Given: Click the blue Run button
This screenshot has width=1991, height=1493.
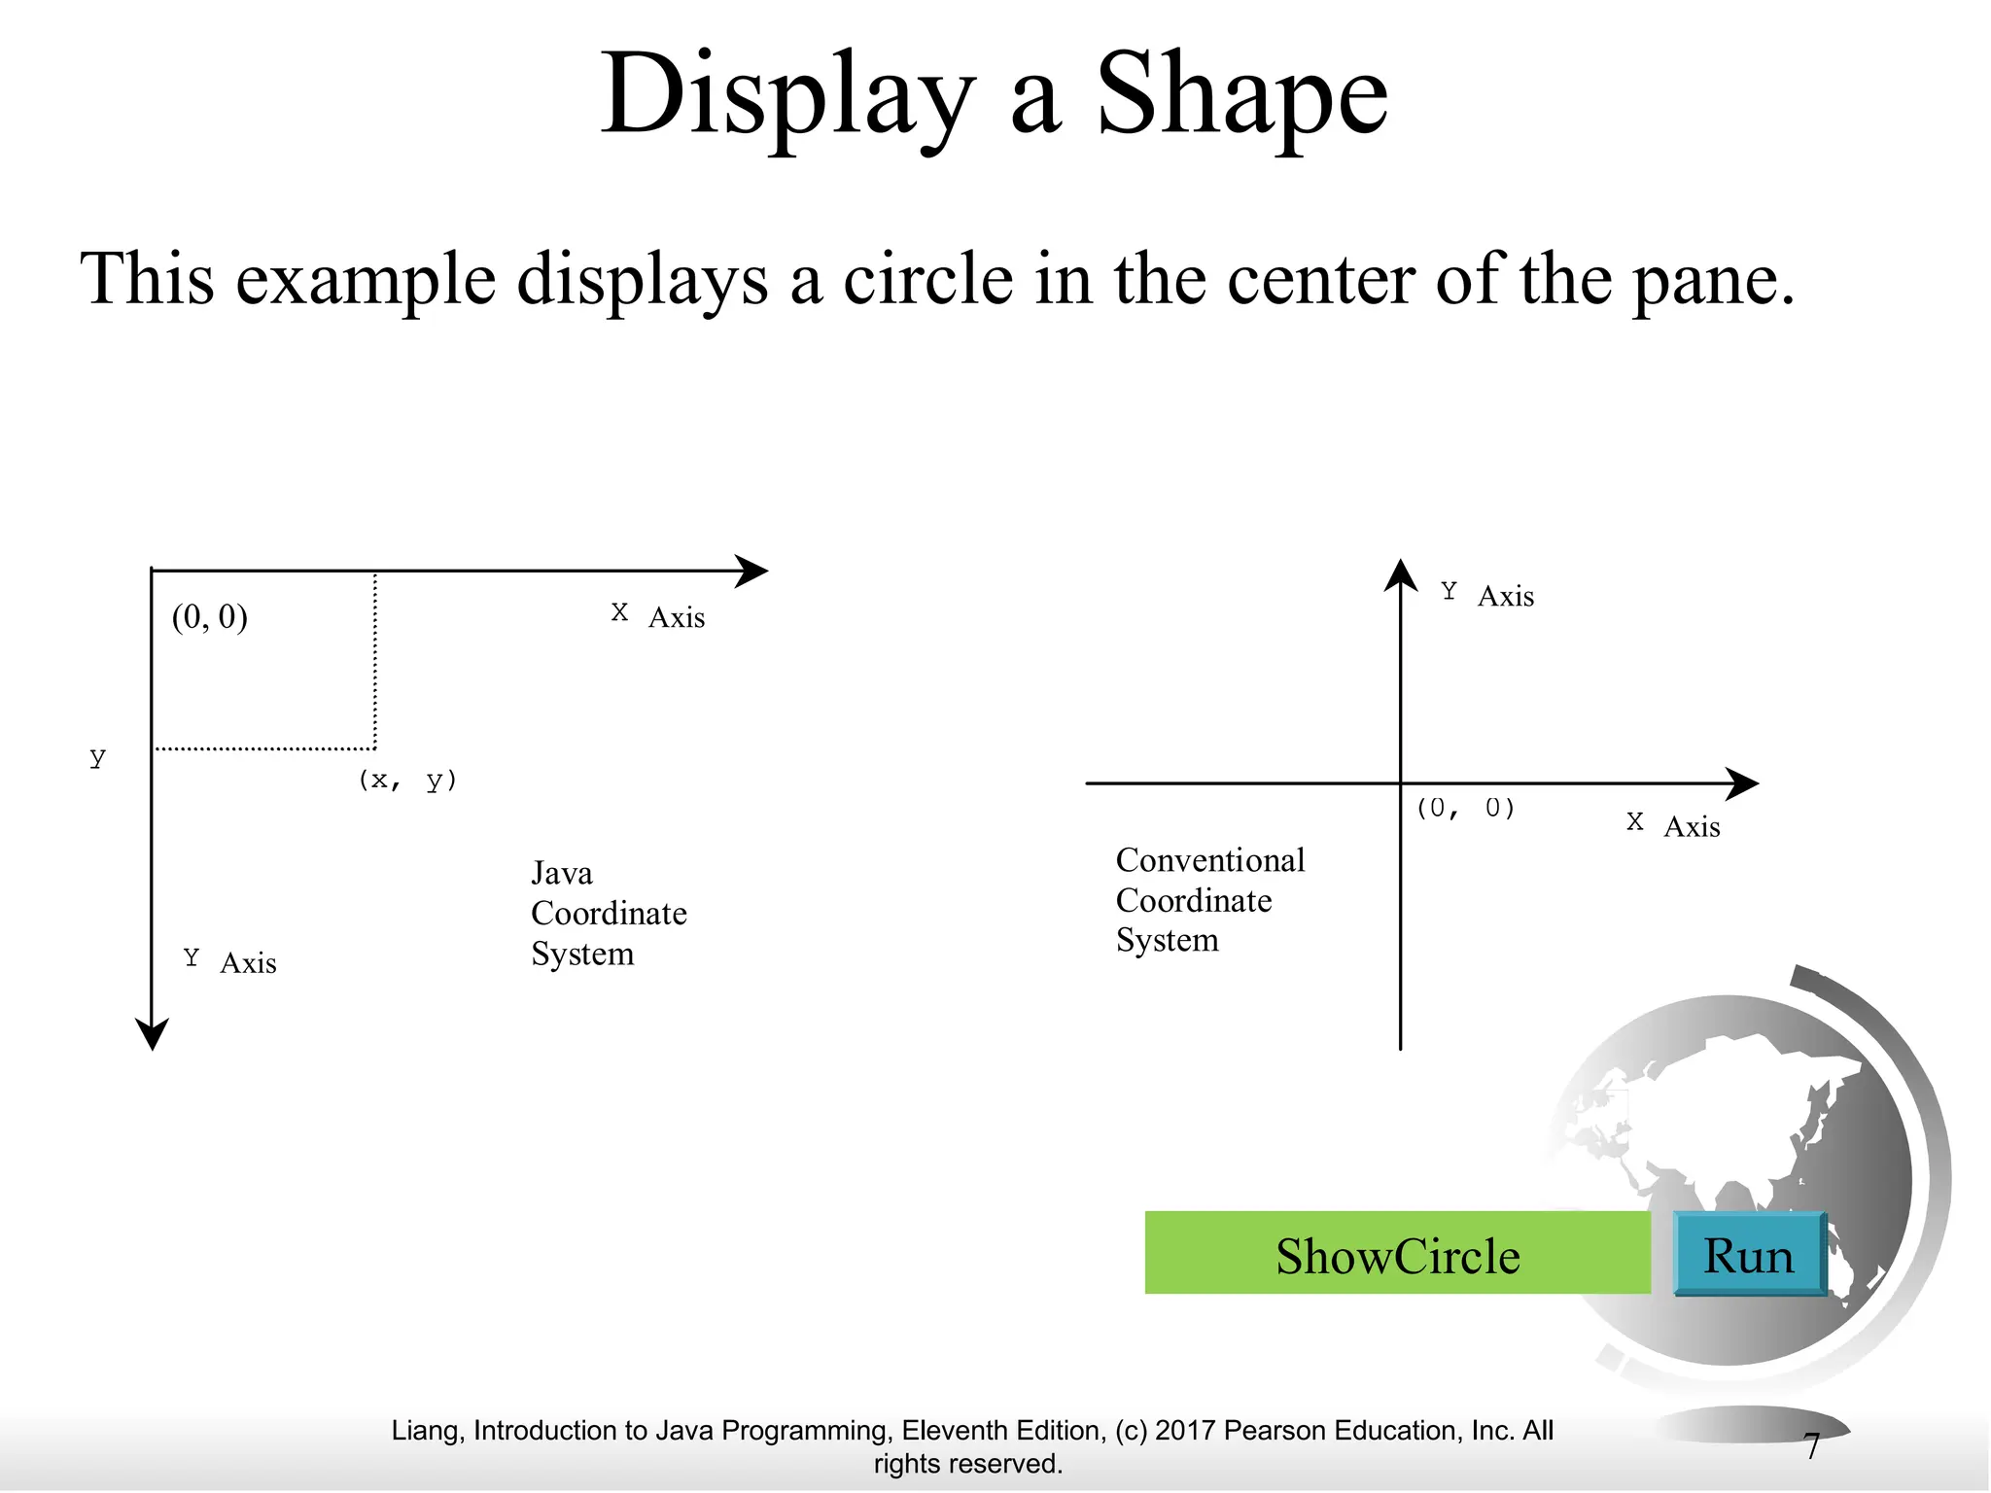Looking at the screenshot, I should [x=1749, y=1255].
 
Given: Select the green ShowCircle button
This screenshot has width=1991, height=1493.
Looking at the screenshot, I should [x=1397, y=1254].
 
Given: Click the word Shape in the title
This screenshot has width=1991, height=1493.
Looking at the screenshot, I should [x=1241, y=95].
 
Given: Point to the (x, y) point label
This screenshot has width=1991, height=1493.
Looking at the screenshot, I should [x=407, y=781].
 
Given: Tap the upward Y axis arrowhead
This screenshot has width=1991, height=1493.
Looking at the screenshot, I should [x=1400, y=574].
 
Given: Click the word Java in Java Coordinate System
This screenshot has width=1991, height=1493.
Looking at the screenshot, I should [x=561, y=873].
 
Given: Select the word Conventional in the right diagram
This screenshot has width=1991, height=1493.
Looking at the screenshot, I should [x=1209, y=860].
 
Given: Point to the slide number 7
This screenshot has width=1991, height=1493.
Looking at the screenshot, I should [x=1811, y=1446].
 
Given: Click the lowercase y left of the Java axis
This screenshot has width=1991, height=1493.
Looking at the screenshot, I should [x=97, y=758].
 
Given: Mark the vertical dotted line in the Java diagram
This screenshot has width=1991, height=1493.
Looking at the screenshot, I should [x=375, y=661].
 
